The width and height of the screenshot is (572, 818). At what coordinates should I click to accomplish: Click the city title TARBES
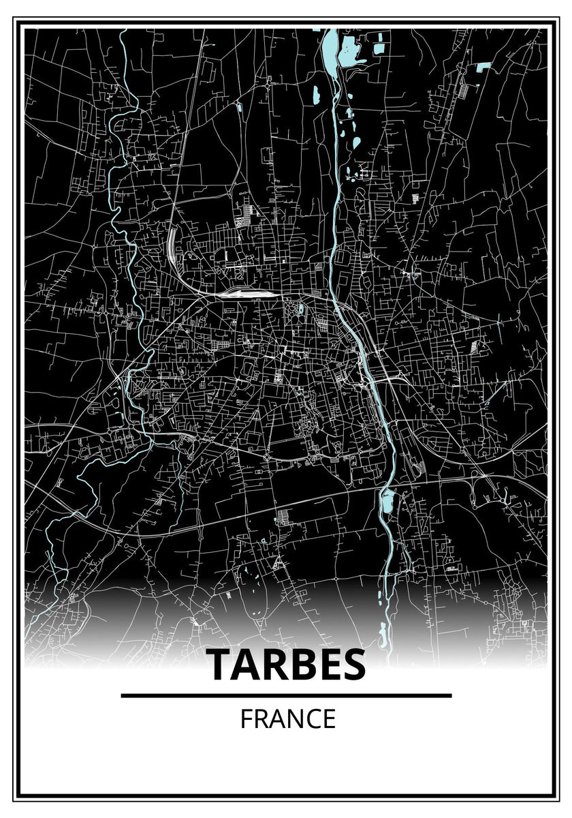tap(286, 665)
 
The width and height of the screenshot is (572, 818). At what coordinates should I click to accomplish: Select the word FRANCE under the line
tap(287, 719)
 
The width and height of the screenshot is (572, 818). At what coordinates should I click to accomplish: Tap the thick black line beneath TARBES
tap(286, 695)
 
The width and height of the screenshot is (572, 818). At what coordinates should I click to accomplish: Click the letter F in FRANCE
tap(245, 719)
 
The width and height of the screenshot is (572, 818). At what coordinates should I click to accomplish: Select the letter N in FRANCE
tap(289, 719)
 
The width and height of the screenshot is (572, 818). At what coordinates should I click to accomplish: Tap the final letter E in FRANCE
tap(329, 719)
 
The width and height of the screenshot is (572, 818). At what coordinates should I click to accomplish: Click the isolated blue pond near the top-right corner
tap(484, 66)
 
